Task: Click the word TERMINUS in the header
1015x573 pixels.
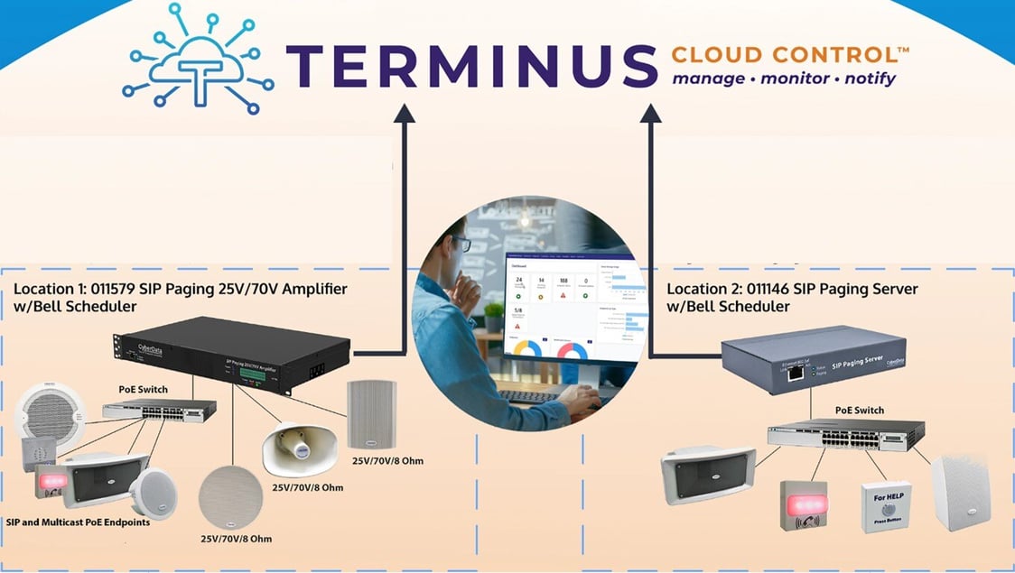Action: pos(472,66)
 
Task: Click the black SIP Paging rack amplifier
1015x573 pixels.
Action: pos(230,356)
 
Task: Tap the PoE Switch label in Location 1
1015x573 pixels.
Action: pos(143,390)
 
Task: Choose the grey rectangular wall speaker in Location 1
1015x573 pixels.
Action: pos(371,414)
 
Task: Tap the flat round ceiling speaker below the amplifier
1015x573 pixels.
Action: pos(231,497)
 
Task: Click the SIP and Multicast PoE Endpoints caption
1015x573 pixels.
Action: pos(78,522)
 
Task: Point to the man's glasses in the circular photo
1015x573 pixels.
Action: pos(460,244)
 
